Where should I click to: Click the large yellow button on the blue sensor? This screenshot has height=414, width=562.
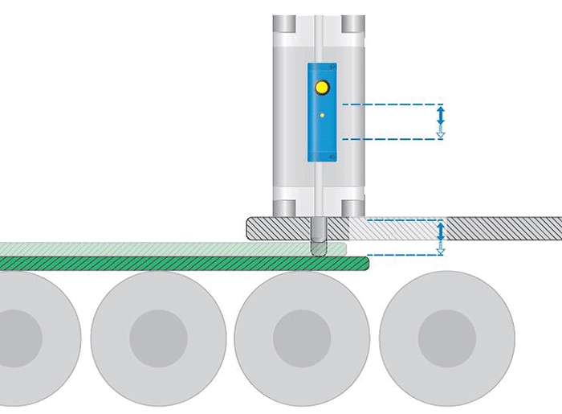click(322, 87)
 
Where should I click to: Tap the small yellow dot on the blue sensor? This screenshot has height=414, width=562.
click(322, 117)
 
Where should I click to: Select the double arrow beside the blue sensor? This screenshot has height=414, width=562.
click(440, 121)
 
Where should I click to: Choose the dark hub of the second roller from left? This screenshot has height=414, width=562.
click(158, 338)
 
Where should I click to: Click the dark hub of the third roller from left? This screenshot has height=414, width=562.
click(302, 338)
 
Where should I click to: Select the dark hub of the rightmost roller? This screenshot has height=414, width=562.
click(446, 338)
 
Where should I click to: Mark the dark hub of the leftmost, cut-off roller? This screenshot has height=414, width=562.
click(18, 338)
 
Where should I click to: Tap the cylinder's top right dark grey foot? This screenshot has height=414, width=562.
click(353, 23)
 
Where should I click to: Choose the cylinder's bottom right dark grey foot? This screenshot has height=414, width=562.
click(353, 207)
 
